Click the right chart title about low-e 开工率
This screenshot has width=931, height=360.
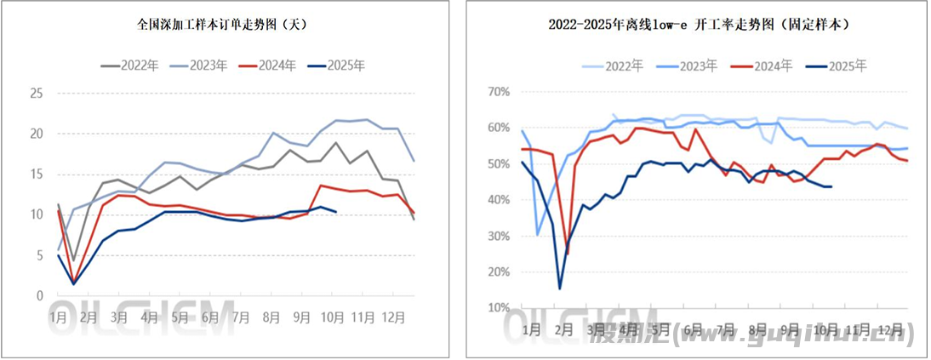[x=699, y=26]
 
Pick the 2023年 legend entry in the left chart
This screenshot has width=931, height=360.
[x=197, y=65]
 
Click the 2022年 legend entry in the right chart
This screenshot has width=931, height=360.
[x=614, y=65]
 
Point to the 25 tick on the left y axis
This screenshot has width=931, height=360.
[x=37, y=94]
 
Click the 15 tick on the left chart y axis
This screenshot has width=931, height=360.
[x=37, y=174]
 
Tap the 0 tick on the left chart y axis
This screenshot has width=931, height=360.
[x=39, y=296]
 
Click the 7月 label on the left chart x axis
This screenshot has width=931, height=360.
[x=241, y=317]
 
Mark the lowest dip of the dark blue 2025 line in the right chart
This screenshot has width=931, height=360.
[x=560, y=288]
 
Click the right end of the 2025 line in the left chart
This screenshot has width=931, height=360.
[x=336, y=211]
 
